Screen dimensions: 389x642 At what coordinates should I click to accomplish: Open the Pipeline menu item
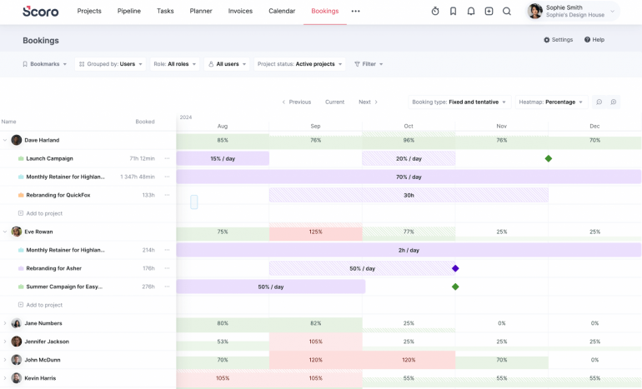(x=128, y=11)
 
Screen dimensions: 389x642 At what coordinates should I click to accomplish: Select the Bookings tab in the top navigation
(x=324, y=11)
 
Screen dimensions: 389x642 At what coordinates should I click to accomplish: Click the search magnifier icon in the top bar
(x=507, y=12)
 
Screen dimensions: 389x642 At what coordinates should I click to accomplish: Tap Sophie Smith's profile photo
(x=534, y=11)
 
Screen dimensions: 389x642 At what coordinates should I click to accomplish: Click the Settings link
(x=558, y=40)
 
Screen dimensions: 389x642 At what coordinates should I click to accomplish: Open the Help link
(x=594, y=40)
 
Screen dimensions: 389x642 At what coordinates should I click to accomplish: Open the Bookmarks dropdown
(x=44, y=64)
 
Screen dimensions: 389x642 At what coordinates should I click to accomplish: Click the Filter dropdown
(x=369, y=64)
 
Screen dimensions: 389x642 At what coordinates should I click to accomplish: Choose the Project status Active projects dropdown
(x=299, y=64)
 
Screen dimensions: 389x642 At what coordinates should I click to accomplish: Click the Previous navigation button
(x=296, y=102)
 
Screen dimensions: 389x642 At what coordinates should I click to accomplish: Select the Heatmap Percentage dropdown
(x=551, y=102)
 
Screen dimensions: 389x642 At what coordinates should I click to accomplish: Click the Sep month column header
(x=315, y=126)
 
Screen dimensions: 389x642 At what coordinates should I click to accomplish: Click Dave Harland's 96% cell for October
(x=409, y=140)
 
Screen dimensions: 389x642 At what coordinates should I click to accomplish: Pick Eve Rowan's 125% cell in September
(x=315, y=232)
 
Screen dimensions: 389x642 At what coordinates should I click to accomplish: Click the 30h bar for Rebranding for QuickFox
(x=409, y=195)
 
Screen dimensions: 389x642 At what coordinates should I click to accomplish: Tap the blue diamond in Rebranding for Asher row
(x=455, y=268)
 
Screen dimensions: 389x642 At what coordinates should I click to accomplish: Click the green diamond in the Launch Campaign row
(x=549, y=158)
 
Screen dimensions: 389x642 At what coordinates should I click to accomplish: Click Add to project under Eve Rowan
(x=43, y=305)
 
